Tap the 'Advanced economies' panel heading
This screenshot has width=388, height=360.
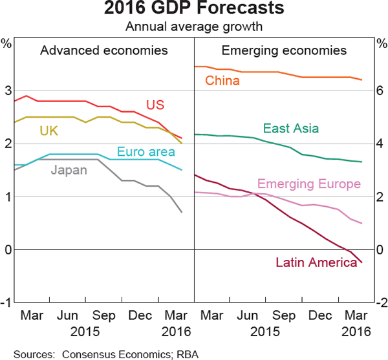pos(103,51)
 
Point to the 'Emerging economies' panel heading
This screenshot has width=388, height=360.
pos(284,51)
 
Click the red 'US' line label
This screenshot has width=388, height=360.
pos(155,105)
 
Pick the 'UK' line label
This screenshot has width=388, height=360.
pos(49,131)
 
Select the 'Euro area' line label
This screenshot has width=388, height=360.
pos(146,153)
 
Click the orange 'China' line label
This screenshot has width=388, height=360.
pos(222,81)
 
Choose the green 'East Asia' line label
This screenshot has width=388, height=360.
pos(291,129)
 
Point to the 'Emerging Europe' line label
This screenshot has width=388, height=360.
pos(309,184)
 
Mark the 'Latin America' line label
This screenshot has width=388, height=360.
pos(316,262)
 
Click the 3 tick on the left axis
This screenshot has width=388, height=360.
pos(7,90)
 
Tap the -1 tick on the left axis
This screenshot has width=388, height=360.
pos(6,302)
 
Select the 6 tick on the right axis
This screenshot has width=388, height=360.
pos(380,90)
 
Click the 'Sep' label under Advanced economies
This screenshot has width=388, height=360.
pos(103,317)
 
